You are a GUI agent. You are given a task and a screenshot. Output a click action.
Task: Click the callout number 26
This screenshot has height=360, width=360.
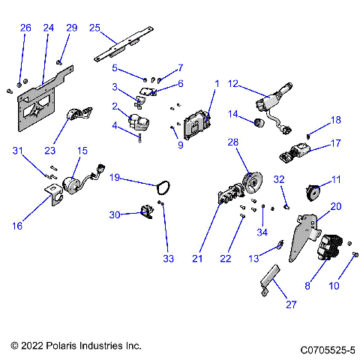click(25, 28)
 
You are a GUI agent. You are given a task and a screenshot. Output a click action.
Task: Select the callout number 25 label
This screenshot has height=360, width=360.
click(94, 28)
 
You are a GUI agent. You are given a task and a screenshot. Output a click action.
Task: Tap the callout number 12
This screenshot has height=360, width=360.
click(233, 83)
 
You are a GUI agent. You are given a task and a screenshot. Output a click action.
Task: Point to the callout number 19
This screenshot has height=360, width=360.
click(116, 178)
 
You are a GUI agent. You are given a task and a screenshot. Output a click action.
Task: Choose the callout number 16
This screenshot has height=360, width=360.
click(17, 225)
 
